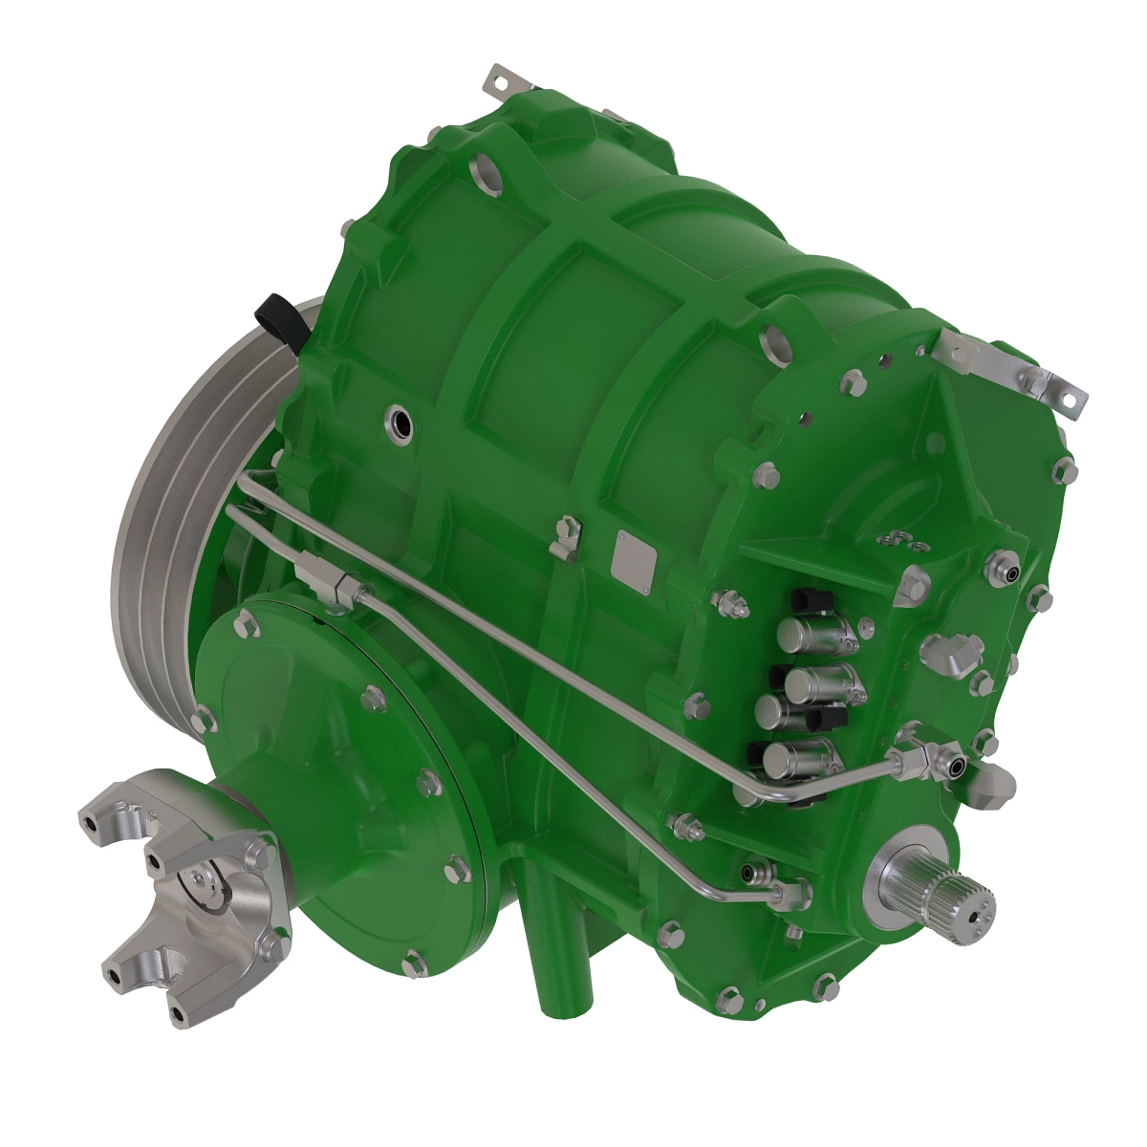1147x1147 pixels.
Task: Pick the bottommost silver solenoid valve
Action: pyautogui.click(x=799, y=760)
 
